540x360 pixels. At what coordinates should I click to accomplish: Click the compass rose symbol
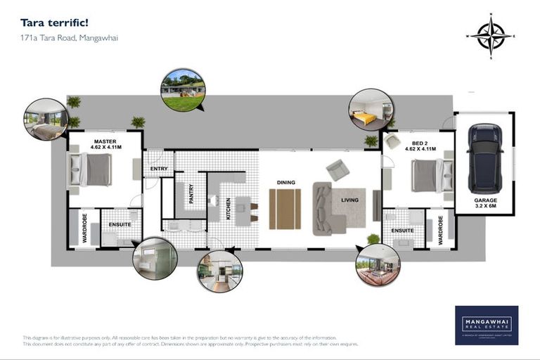pos(490,36)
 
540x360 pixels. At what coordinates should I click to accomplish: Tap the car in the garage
pos(485,158)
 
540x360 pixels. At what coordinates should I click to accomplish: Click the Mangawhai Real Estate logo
pos(486,325)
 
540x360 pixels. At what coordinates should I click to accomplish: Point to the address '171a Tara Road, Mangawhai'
pos(69,38)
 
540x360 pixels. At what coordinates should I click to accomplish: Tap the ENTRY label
pos(159,169)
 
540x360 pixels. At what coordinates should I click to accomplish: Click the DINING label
pos(285,183)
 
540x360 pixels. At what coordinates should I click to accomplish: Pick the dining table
pos(285,209)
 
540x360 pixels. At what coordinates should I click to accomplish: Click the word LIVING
pos(349,200)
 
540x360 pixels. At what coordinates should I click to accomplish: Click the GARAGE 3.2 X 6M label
pos(484,204)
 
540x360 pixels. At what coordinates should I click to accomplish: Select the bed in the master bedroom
pos(95,169)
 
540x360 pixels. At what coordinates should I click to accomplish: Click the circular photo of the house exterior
pos(183,90)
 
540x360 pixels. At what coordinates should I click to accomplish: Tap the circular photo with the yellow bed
pos(371,110)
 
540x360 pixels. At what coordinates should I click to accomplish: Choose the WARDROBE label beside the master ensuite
pos(85,228)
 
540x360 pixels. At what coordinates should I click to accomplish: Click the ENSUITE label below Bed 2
pos(402,230)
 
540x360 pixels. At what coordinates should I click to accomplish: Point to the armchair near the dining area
pos(337,169)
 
